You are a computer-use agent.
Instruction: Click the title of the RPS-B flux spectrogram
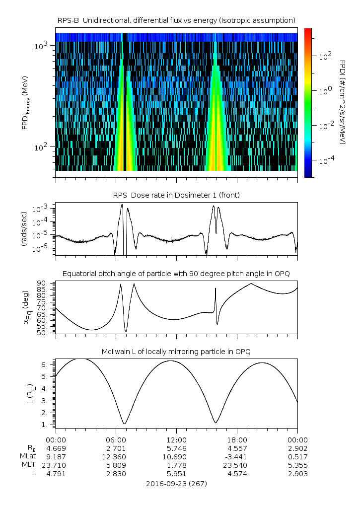[x=176, y=20]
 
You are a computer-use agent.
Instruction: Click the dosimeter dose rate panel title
[x=176, y=195]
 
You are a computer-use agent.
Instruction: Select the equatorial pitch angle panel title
[x=176, y=274]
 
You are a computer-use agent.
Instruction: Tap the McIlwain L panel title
[x=176, y=352]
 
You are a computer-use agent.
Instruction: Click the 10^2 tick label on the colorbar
[x=325, y=57]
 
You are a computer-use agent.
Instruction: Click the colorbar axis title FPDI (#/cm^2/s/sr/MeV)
[x=343, y=102]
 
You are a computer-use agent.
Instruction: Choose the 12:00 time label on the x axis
[x=176, y=440]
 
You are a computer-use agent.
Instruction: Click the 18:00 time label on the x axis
[x=237, y=440]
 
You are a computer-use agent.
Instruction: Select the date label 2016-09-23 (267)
[x=176, y=483]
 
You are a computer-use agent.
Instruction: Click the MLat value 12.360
[x=116, y=457]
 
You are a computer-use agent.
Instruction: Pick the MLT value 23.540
[x=237, y=465]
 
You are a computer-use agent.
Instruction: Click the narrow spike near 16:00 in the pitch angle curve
[x=216, y=289]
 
